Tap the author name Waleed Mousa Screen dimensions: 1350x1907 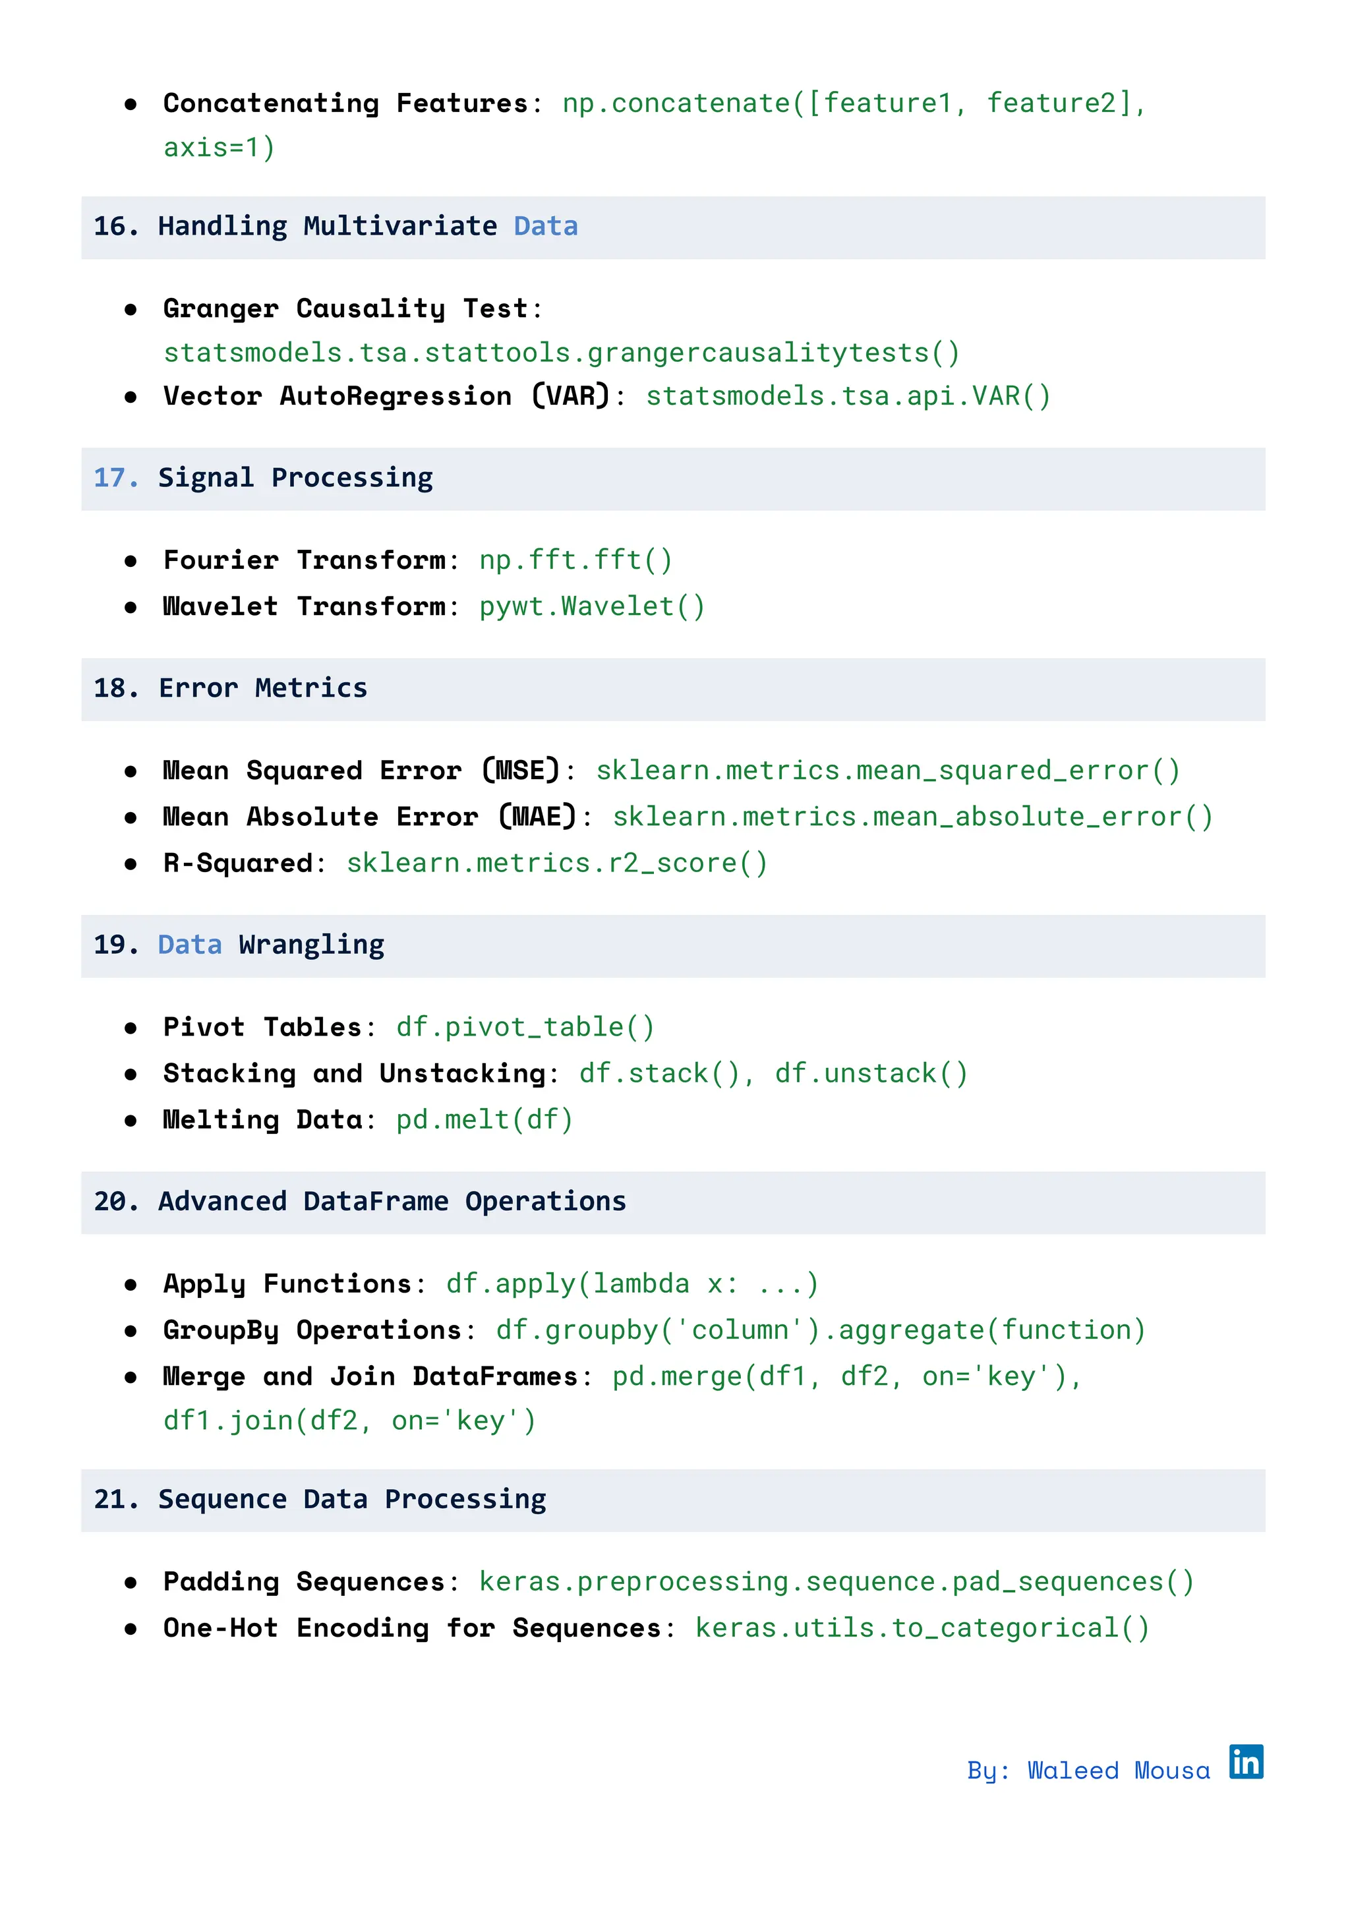tap(1118, 1771)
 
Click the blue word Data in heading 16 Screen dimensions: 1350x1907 tap(545, 227)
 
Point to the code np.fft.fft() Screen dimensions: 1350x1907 tap(575, 560)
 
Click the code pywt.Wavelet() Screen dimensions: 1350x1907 tap(592, 607)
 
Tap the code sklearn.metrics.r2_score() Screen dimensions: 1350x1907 tap(557, 864)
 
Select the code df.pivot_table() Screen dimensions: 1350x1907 tap(525, 1028)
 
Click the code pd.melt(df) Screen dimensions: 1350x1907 tap(484, 1120)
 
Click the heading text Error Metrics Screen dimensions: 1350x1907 tap(263, 688)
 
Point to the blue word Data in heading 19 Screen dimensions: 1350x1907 tap(190, 945)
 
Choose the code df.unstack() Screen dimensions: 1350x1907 tap(871, 1074)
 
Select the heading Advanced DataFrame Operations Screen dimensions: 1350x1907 tap(392, 1202)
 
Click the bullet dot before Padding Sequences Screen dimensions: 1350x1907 tap(131, 1583)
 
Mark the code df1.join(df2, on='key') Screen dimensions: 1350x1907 tap(349, 1422)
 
